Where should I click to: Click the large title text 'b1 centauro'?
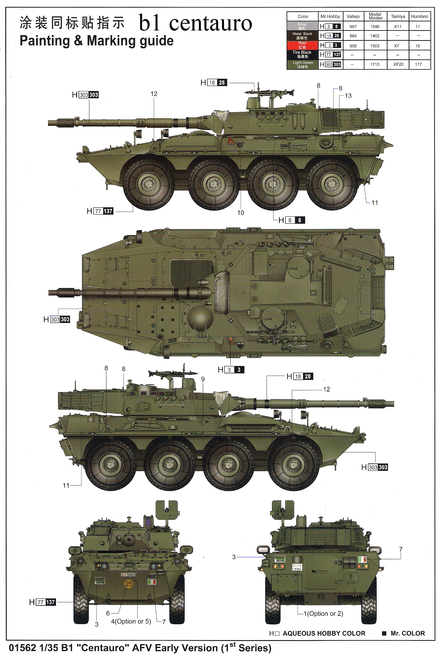pyautogui.click(x=195, y=23)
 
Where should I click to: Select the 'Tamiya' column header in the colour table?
pyautogui.click(x=398, y=16)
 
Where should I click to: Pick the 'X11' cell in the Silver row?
pyautogui.click(x=398, y=26)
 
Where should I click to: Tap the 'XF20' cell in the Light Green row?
pyautogui.click(x=398, y=64)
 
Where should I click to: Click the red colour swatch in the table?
pyautogui.click(x=302, y=45)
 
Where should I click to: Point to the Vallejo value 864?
pyautogui.click(x=353, y=36)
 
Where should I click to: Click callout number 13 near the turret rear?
pyautogui.click(x=348, y=95)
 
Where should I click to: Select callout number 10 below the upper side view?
pyautogui.click(x=240, y=213)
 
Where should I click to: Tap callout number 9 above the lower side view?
pyautogui.click(x=203, y=379)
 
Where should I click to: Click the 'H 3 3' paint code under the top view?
pyautogui.click(x=231, y=370)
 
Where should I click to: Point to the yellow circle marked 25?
pyautogui.click(x=129, y=584)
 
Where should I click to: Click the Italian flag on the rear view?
pyautogui.click(x=363, y=559)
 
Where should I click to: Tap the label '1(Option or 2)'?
pyautogui.click(x=323, y=613)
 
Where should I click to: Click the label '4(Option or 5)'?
pyautogui.click(x=131, y=621)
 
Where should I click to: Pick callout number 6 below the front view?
pyautogui.click(x=108, y=613)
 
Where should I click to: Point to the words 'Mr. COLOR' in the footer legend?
pyautogui.click(x=408, y=633)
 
